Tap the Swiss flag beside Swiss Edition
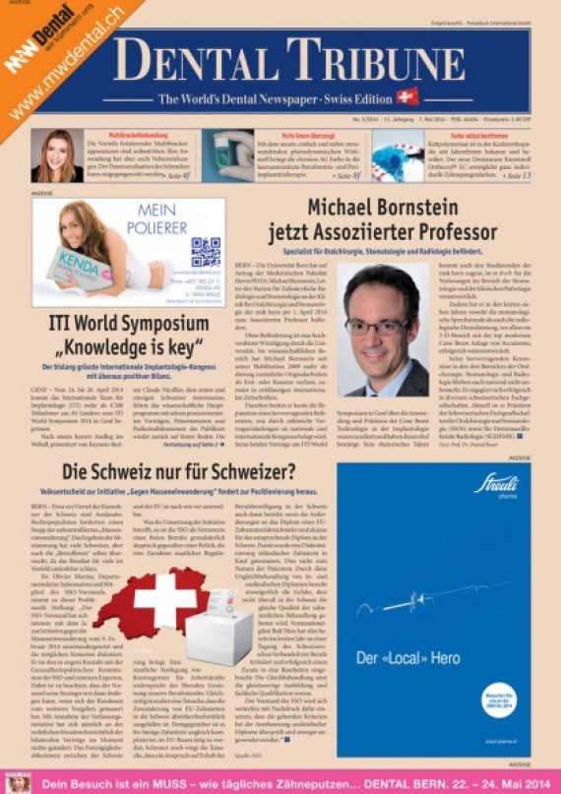pos(406,97)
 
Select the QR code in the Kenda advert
pos(205,252)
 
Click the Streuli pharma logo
pos(497,483)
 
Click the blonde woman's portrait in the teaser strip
pos(55,157)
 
